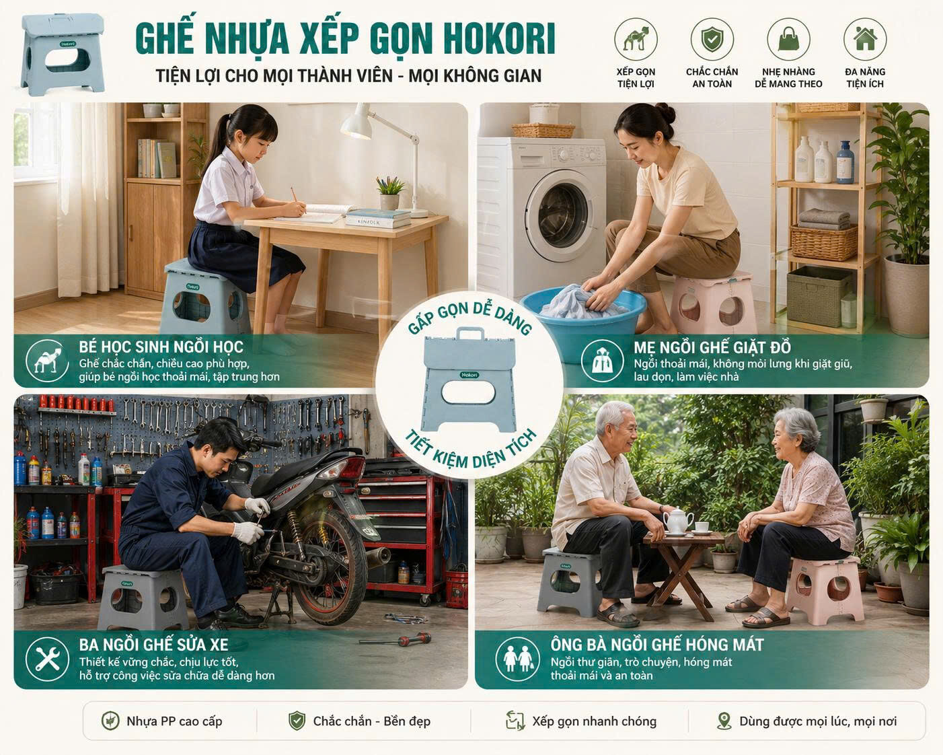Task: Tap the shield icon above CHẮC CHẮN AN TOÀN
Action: click(x=712, y=38)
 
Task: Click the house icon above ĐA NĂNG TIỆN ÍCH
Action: click(x=865, y=38)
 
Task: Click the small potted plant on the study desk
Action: click(x=389, y=193)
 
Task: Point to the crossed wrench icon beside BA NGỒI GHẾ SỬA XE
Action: click(x=47, y=659)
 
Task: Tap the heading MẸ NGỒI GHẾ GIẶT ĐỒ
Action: click(x=712, y=348)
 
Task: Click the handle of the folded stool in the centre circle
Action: click(x=470, y=335)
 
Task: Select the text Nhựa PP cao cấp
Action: click(x=174, y=721)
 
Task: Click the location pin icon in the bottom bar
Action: click(x=724, y=721)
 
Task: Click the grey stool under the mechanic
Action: click(x=143, y=597)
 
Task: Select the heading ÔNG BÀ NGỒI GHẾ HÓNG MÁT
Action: click(x=657, y=645)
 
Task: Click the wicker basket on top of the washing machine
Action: click(x=543, y=131)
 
